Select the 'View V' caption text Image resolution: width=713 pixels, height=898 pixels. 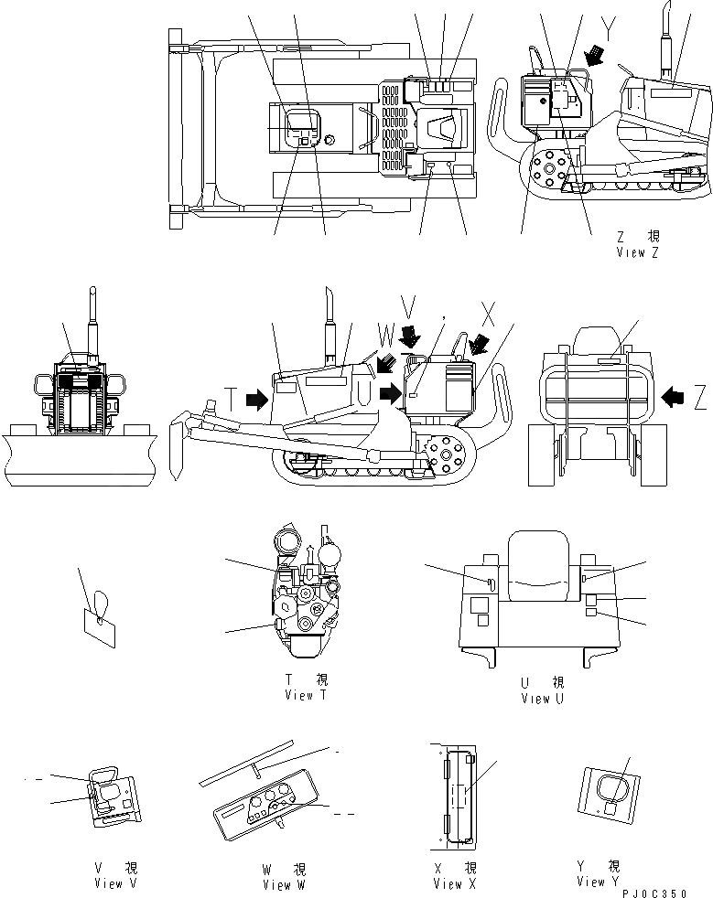(115, 883)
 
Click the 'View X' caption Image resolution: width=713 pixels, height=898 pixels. (454, 883)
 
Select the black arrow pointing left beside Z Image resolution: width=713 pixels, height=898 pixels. (674, 396)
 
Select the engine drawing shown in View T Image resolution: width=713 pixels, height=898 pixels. (305, 594)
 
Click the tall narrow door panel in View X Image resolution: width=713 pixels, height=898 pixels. (455, 792)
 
